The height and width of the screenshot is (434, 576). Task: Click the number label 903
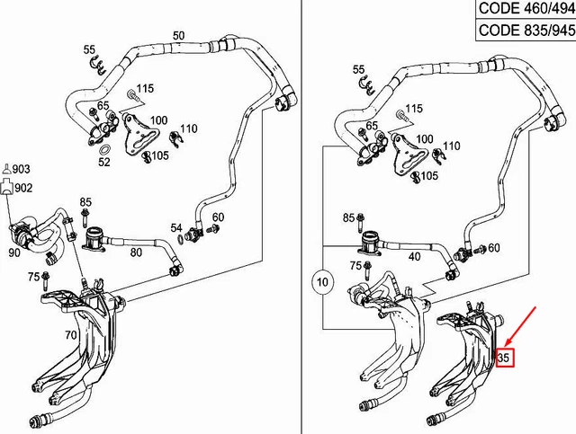coord(22,168)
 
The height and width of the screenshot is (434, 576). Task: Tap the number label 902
coord(22,187)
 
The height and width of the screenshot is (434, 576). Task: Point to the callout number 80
coord(137,252)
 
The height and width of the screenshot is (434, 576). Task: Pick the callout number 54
coord(176,228)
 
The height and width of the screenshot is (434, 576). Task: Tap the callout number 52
coord(104,163)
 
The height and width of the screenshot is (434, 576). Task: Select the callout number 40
coord(415,256)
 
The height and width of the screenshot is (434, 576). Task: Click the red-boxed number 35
coord(504,358)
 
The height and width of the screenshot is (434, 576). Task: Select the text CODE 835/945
coord(524,31)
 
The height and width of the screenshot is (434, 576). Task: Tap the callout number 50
coord(178,35)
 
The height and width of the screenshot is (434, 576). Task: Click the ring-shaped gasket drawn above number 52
coord(104,148)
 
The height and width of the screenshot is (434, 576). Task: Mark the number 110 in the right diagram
coord(450,146)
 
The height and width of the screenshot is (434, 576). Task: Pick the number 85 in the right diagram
coord(348,218)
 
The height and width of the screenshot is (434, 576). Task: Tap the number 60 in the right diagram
coord(494,247)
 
